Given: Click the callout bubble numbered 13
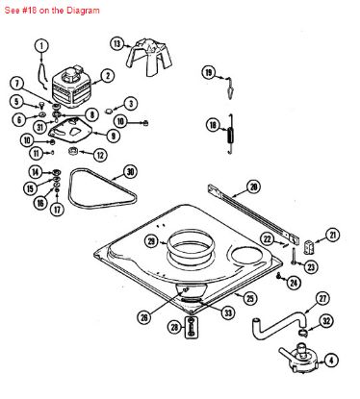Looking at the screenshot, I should pyautogui.click(x=117, y=43).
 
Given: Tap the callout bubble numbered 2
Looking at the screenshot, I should pyautogui.click(x=108, y=75).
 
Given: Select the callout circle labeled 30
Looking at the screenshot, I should pyautogui.click(x=131, y=172).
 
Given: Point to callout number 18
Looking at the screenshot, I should pyautogui.click(x=213, y=124).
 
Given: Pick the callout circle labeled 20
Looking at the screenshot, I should pyautogui.click(x=254, y=187).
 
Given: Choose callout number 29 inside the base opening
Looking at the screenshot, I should pyautogui.click(x=151, y=240).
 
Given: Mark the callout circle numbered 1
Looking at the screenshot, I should pyautogui.click(x=41, y=44).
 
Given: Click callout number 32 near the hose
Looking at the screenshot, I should pyautogui.click(x=326, y=321).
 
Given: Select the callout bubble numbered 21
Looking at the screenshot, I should pyautogui.click(x=333, y=234).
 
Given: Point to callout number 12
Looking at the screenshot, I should pyautogui.click(x=100, y=155).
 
